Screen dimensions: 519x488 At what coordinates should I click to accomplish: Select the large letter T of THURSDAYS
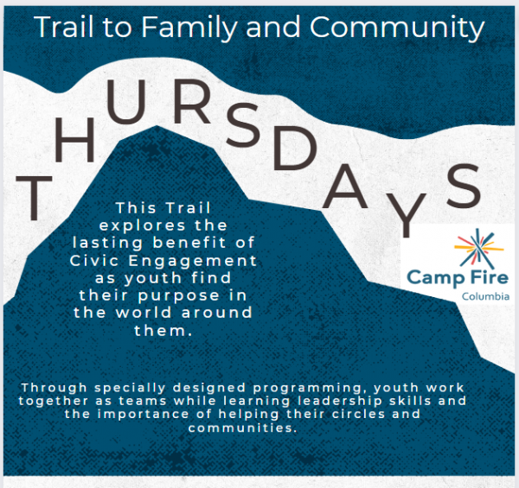(x=34, y=198)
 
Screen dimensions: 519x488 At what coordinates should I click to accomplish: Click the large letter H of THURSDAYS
(x=74, y=140)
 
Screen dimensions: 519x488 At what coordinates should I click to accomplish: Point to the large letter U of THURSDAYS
(x=126, y=102)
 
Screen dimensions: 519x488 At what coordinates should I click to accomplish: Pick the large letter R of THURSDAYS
(x=192, y=101)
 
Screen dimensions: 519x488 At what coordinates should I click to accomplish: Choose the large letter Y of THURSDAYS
(x=407, y=215)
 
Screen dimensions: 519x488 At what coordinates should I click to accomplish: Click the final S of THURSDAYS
(x=464, y=186)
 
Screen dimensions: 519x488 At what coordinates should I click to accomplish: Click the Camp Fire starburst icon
(x=478, y=249)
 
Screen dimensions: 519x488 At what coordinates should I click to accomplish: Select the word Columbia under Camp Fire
(x=485, y=296)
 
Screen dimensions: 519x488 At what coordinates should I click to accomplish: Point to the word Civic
(x=94, y=261)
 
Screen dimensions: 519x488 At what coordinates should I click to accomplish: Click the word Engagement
(x=193, y=262)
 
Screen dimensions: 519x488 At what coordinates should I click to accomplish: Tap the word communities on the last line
(x=242, y=428)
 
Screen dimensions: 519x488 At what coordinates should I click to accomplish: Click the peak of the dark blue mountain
(x=157, y=126)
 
